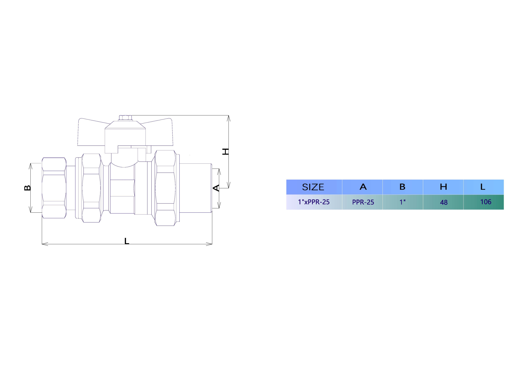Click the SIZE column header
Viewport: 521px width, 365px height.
(x=313, y=187)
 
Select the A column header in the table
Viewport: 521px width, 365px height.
(x=363, y=187)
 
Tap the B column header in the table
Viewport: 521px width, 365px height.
(x=402, y=187)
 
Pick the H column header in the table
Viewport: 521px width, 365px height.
(x=443, y=187)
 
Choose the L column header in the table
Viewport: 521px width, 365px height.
(x=483, y=187)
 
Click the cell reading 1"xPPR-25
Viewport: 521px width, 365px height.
(x=314, y=202)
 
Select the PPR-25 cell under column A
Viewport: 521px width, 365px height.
(x=363, y=202)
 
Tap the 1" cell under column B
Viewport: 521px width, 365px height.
(x=402, y=202)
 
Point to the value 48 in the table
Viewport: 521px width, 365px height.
(x=444, y=202)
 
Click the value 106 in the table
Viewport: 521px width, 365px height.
(x=486, y=202)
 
